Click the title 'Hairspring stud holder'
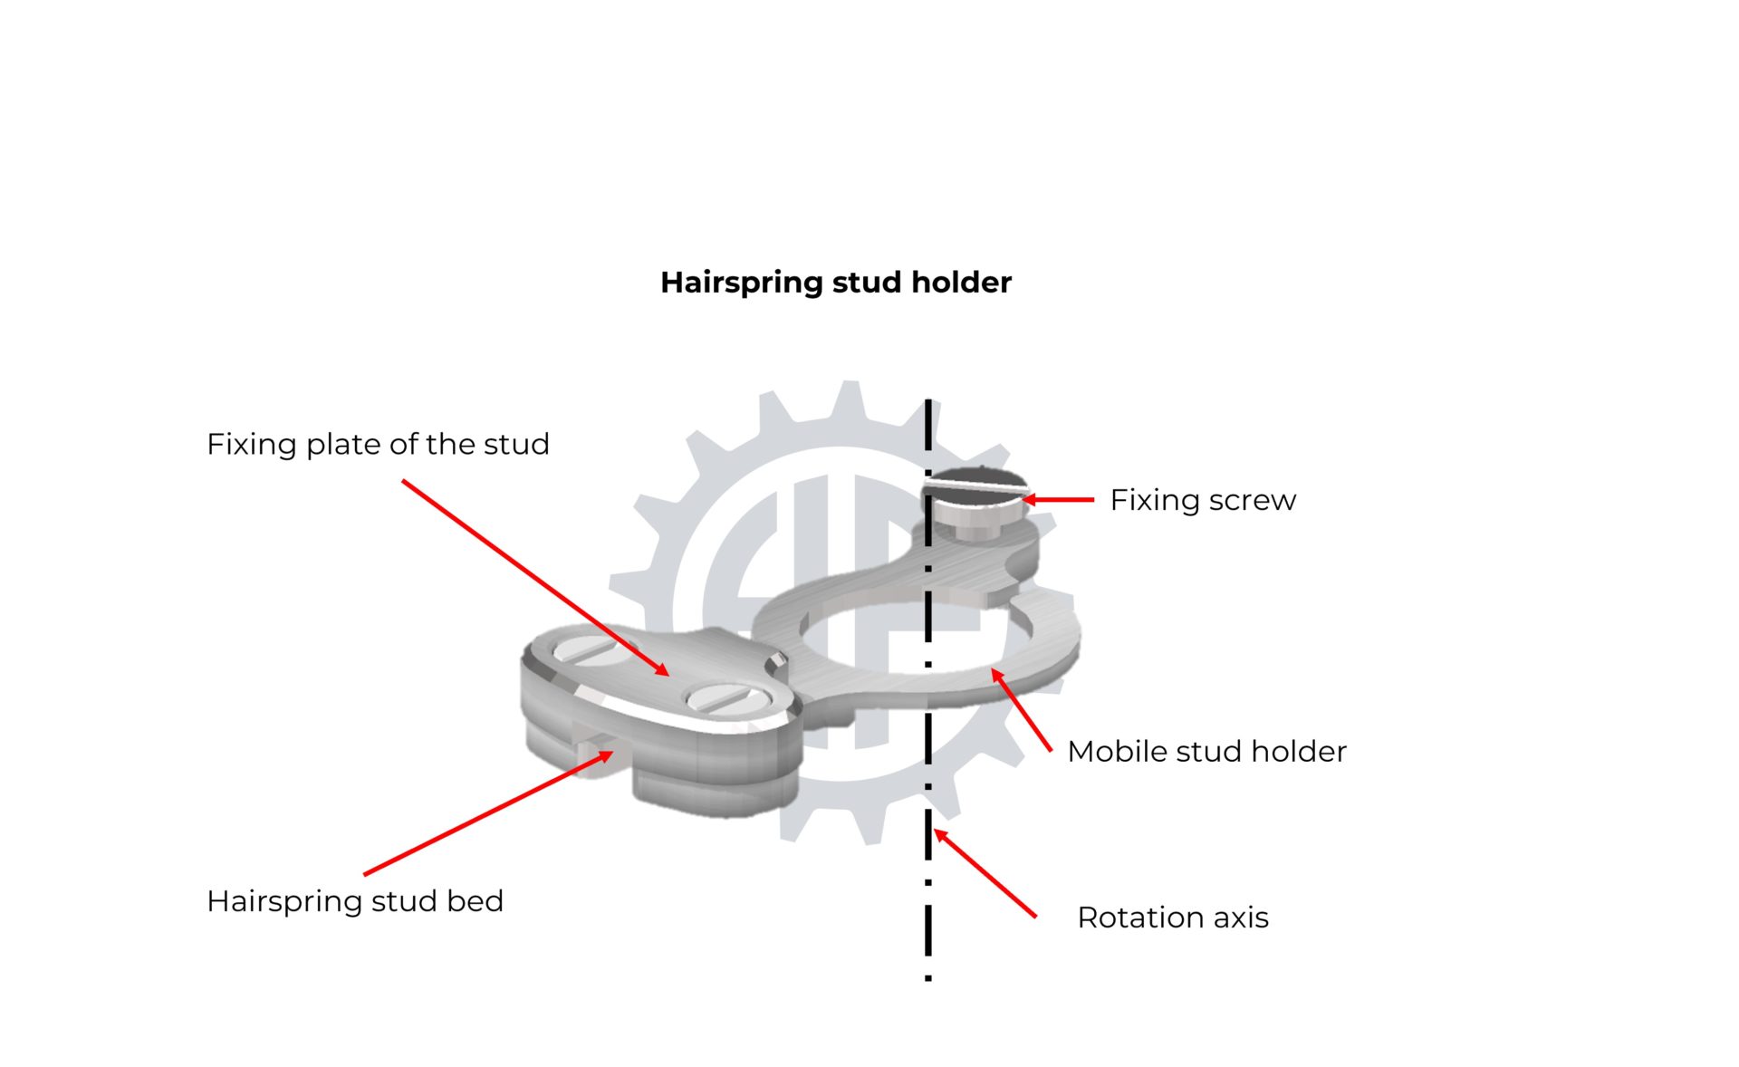click(835, 283)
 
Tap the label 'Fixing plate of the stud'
click(378, 444)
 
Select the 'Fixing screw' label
click(1203, 500)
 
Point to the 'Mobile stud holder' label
click(1206, 751)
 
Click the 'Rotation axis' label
click(1173, 918)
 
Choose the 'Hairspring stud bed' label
click(355, 901)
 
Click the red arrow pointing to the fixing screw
click(1058, 499)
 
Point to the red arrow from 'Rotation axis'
click(985, 873)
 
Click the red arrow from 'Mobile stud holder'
click(1022, 710)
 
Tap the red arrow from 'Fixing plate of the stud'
click(536, 578)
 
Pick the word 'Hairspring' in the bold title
click(742, 283)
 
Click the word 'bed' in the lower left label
click(475, 901)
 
